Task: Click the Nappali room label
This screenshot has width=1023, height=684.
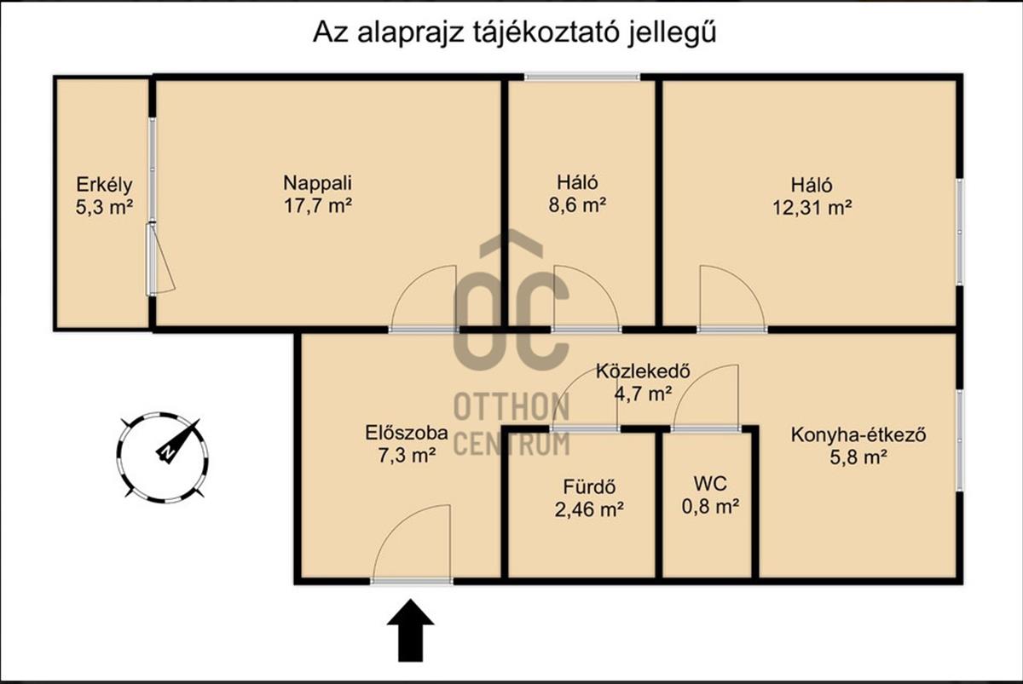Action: click(x=318, y=182)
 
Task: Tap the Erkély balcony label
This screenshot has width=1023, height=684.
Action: click(x=104, y=183)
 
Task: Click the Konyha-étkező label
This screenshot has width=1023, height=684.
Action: click(x=858, y=435)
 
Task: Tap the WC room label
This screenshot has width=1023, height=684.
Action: click(x=709, y=484)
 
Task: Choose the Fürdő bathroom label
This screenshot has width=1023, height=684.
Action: click(x=589, y=488)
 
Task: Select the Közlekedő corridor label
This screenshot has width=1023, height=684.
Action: click(x=643, y=371)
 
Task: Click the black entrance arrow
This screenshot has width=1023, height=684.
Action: click(x=411, y=629)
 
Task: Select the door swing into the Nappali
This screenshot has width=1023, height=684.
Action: click(x=427, y=298)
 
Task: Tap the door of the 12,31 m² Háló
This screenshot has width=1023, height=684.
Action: click(x=726, y=298)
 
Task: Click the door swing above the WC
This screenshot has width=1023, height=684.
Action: click(x=708, y=396)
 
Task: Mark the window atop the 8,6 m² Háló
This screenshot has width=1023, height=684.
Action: click(x=581, y=78)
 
